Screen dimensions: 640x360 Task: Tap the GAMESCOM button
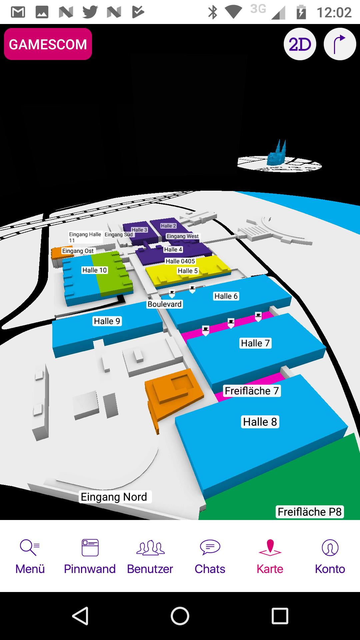tap(48, 44)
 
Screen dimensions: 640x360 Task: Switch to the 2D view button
tap(300, 44)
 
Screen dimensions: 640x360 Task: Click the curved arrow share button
tap(340, 44)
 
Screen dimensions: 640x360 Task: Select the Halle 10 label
tap(95, 270)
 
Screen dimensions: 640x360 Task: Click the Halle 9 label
tap(107, 321)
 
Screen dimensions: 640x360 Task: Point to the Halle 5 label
tap(188, 271)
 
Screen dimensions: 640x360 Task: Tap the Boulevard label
tap(165, 304)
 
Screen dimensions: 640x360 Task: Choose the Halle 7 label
tap(255, 343)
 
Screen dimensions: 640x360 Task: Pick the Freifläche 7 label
tap(252, 391)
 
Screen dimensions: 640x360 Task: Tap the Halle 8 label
tap(260, 422)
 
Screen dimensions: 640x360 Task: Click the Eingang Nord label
tap(114, 497)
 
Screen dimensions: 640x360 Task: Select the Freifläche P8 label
tap(310, 512)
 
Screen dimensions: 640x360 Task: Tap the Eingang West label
tap(182, 236)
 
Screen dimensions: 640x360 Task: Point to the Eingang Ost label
tap(78, 251)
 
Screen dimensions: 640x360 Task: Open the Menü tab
tap(30, 557)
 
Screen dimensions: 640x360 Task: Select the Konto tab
tap(330, 557)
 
